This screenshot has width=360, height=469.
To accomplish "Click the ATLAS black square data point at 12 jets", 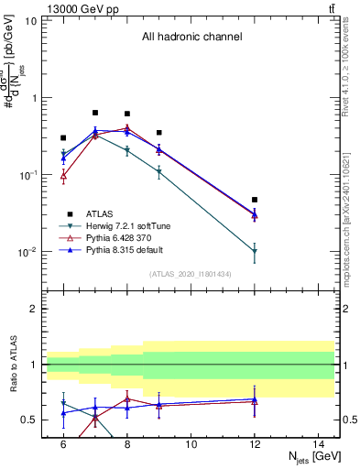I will (x=255, y=200).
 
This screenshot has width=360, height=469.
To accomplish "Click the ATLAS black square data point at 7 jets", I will (x=95, y=113).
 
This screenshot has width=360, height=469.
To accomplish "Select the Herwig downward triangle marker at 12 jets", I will (x=255, y=251).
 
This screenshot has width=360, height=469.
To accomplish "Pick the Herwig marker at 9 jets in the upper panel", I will (x=159, y=171).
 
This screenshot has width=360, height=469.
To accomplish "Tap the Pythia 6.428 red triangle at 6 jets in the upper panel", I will (x=63, y=175).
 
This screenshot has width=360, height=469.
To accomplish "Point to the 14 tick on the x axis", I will (x=319, y=444).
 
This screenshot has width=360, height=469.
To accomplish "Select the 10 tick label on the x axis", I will (x=191, y=444).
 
